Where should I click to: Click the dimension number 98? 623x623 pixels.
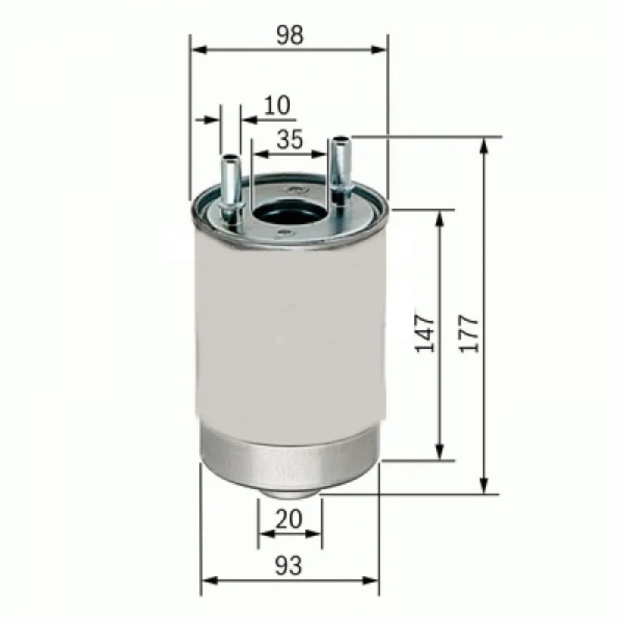point(290,36)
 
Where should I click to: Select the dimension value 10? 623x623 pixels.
point(277,105)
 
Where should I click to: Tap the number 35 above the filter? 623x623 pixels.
point(290,140)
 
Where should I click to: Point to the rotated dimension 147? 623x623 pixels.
point(426,333)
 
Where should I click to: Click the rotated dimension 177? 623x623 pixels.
point(470,334)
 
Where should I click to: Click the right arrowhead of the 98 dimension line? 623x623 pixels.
point(381,50)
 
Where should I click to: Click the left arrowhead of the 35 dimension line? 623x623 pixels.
point(256,153)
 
